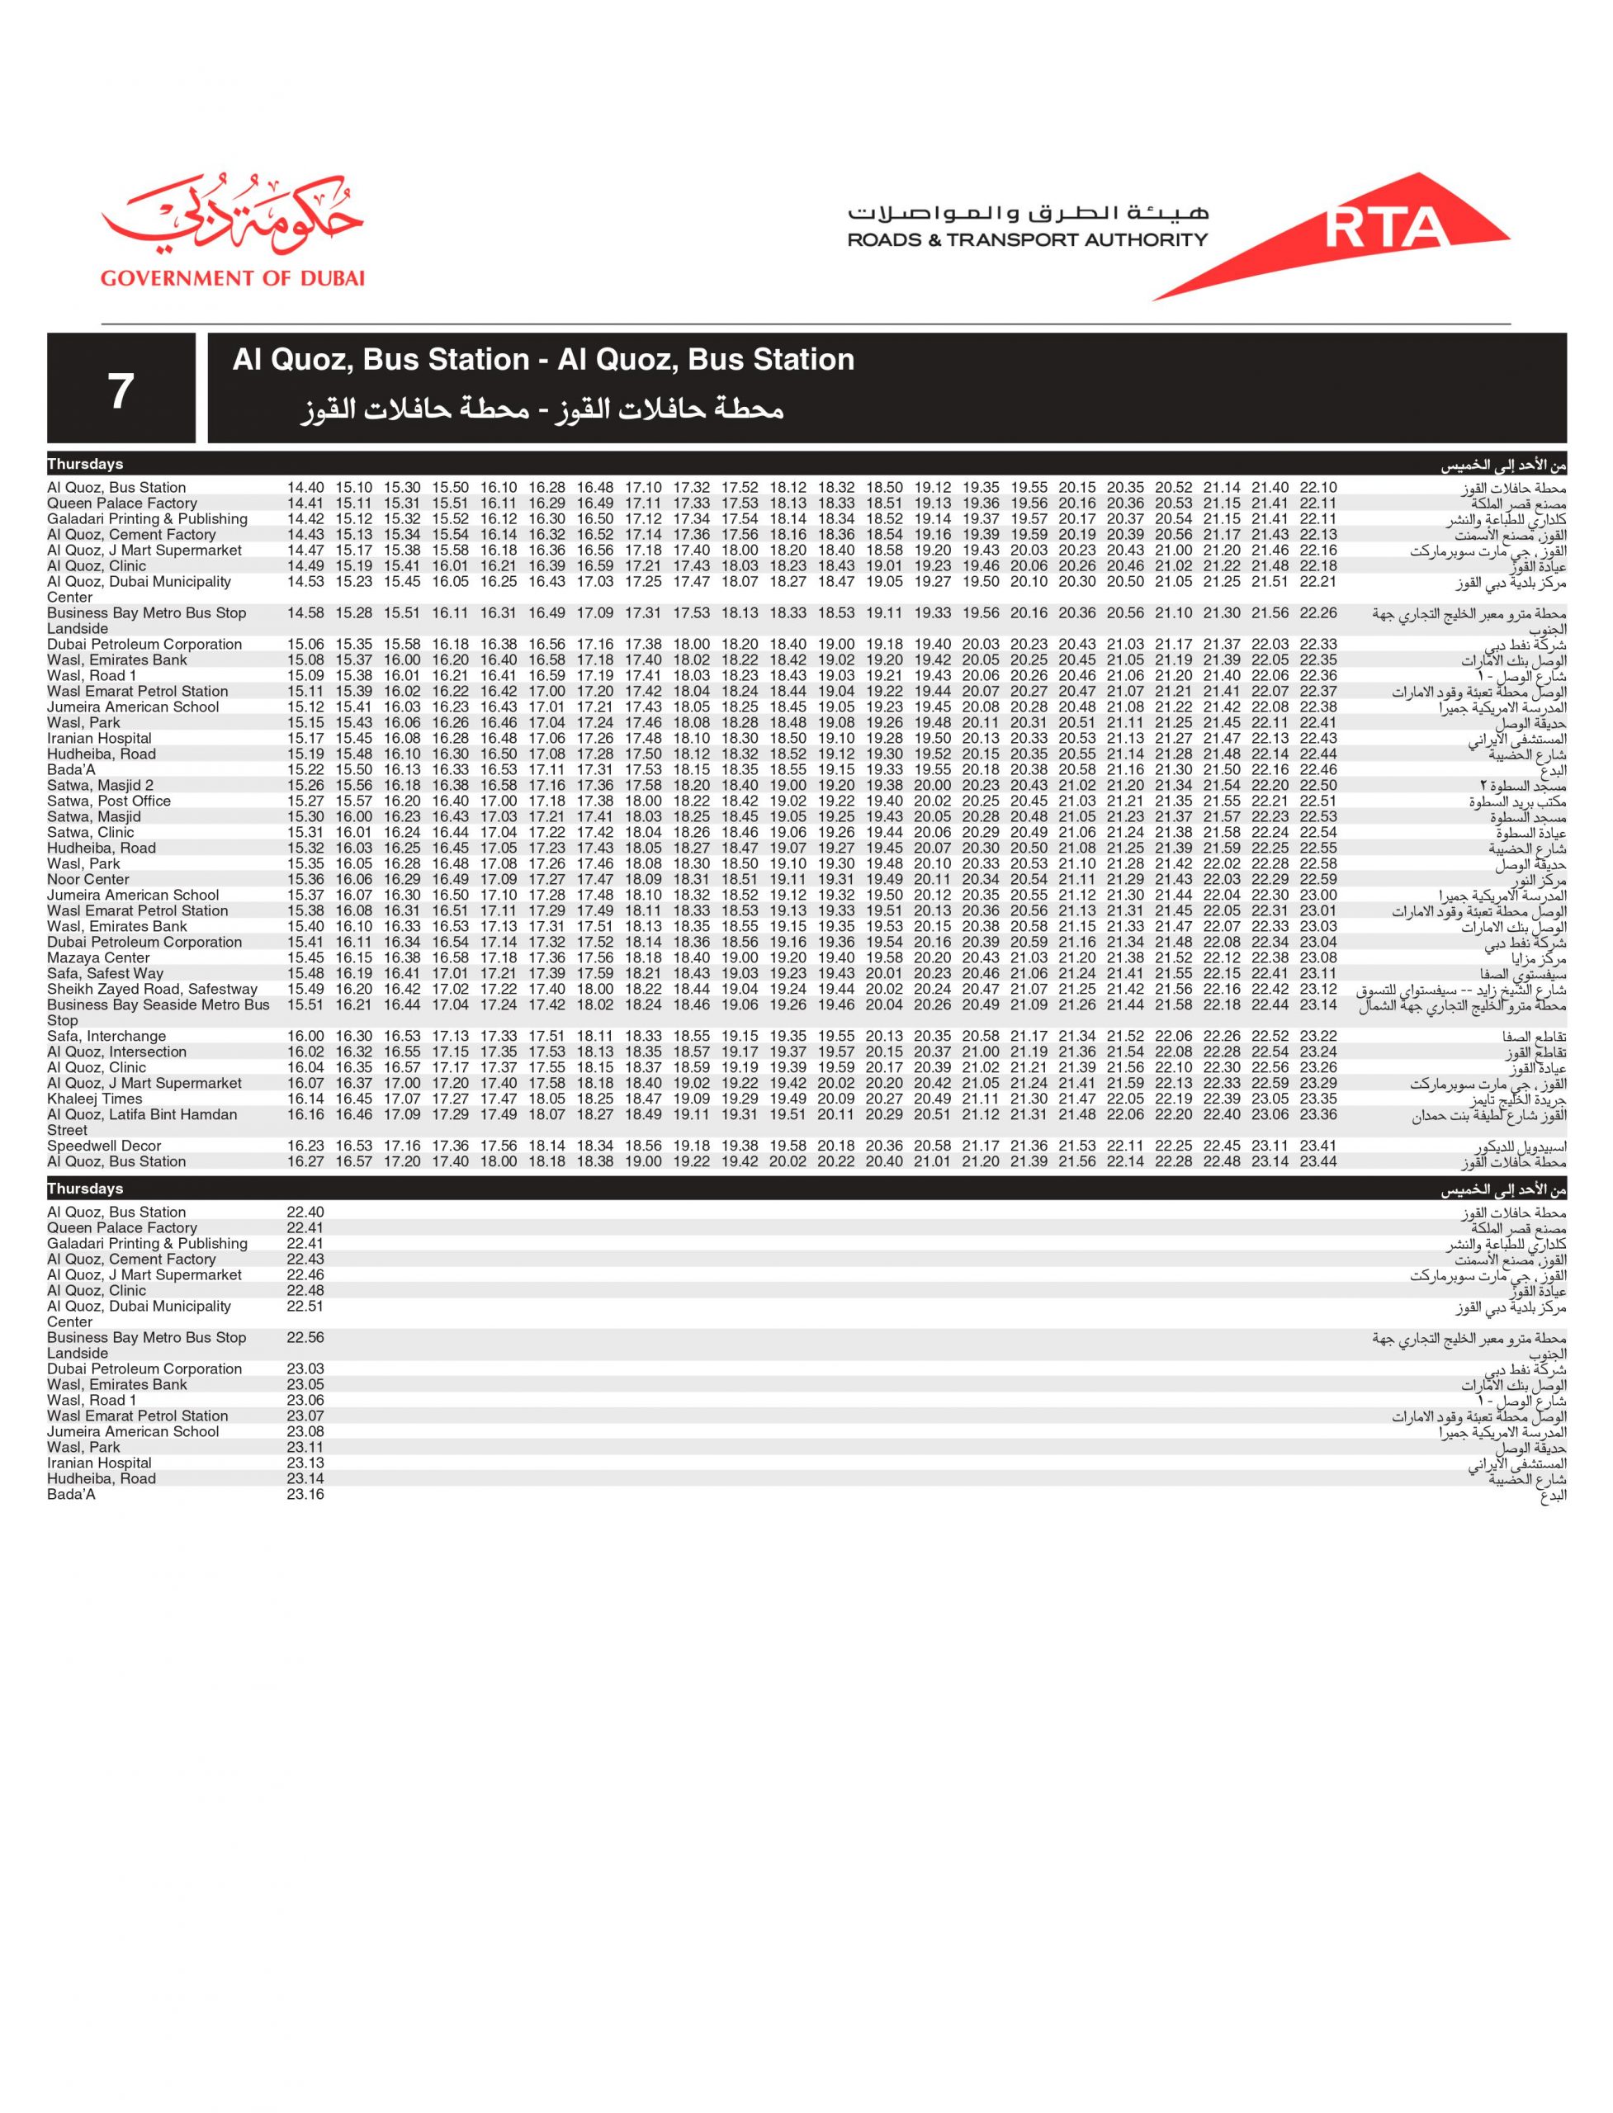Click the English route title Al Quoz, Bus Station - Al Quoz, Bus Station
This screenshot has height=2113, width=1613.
[542, 360]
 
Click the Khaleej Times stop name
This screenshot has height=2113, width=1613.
[94, 1099]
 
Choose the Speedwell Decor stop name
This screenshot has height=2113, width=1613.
[104, 1146]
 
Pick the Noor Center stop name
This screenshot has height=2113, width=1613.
[88, 879]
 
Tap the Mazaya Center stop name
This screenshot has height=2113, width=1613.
[98, 958]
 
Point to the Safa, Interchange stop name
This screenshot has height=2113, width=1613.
[106, 1037]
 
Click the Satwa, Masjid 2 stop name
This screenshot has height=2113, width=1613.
[100, 785]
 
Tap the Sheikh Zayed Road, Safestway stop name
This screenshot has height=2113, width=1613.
[152, 990]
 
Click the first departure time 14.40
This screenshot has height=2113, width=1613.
[305, 488]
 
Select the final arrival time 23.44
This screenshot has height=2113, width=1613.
[1317, 1161]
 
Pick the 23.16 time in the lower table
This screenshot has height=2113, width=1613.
[305, 1495]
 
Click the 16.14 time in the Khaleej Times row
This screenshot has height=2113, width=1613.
[305, 1099]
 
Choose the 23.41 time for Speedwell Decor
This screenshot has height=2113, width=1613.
[1317, 1146]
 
